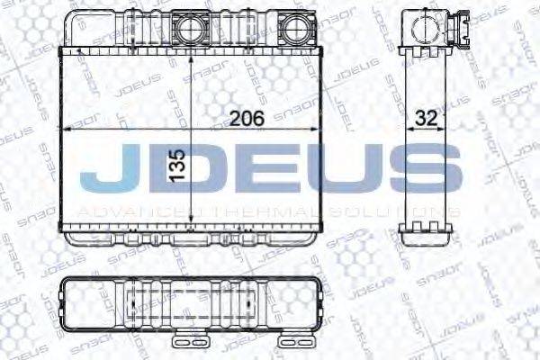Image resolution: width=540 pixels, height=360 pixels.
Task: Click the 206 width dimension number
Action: tap(245, 118)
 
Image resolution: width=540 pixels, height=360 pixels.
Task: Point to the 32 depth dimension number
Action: tap(426, 118)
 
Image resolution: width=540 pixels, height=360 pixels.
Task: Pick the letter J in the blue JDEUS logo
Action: tap(104, 172)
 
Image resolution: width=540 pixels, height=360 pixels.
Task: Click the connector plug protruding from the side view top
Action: tap(463, 22)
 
